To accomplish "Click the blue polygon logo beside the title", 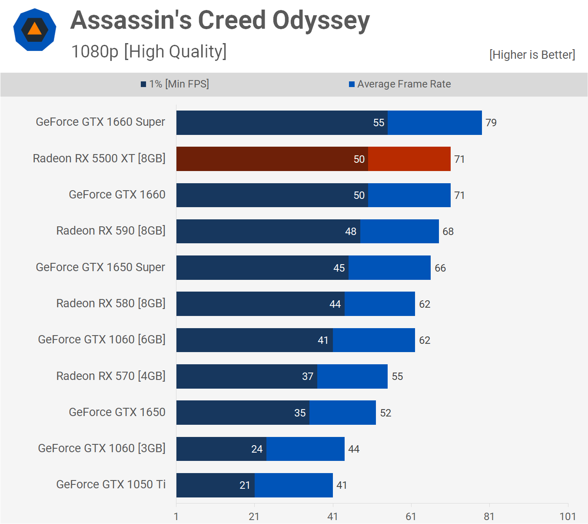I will [x=35, y=30].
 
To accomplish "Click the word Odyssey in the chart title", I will [x=321, y=21].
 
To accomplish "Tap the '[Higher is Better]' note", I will [x=532, y=55].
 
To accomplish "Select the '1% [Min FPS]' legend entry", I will [x=175, y=84].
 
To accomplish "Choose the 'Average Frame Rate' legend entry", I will [x=400, y=84].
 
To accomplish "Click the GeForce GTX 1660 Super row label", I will [x=100, y=122].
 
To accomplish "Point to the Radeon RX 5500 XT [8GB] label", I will [x=99, y=158].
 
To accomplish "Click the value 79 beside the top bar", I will [x=491, y=123].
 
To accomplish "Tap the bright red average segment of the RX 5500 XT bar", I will [x=409, y=159].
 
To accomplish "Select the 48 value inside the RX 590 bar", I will [x=351, y=232].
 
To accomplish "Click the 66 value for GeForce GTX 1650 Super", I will [x=440, y=268].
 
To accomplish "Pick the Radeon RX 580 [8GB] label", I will [x=111, y=303].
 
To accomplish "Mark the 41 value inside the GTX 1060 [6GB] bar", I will [x=323, y=340].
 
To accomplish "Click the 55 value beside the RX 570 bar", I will [x=397, y=376].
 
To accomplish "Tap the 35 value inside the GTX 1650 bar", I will [x=300, y=413].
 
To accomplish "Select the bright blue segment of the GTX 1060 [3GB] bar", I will [x=306, y=449].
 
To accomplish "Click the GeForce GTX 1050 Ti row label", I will [x=111, y=484].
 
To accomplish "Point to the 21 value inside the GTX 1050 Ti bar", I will [x=245, y=485].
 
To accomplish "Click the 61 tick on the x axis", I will [x=411, y=517].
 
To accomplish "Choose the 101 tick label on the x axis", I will [x=568, y=517].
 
